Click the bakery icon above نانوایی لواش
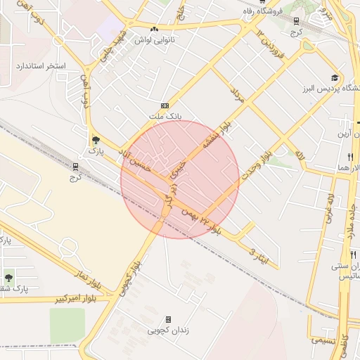(154, 29)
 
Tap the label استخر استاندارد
(40, 66)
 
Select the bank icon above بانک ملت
(166, 105)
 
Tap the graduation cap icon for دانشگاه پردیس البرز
(335, 78)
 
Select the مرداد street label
(236, 96)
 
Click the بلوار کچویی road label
(131, 276)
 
